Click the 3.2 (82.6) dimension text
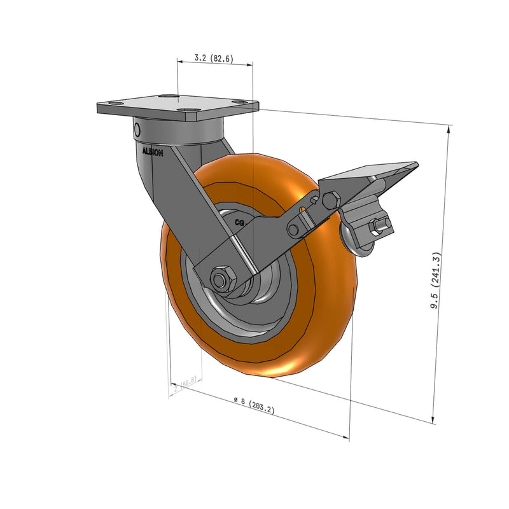(214, 59)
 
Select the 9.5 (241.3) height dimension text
(436, 281)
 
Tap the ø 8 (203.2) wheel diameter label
(254, 405)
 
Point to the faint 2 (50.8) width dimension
(186, 383)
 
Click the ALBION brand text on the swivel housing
(153, 153)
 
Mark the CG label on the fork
(241, 223)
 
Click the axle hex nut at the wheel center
(220, 279)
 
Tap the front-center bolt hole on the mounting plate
(187, 111)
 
